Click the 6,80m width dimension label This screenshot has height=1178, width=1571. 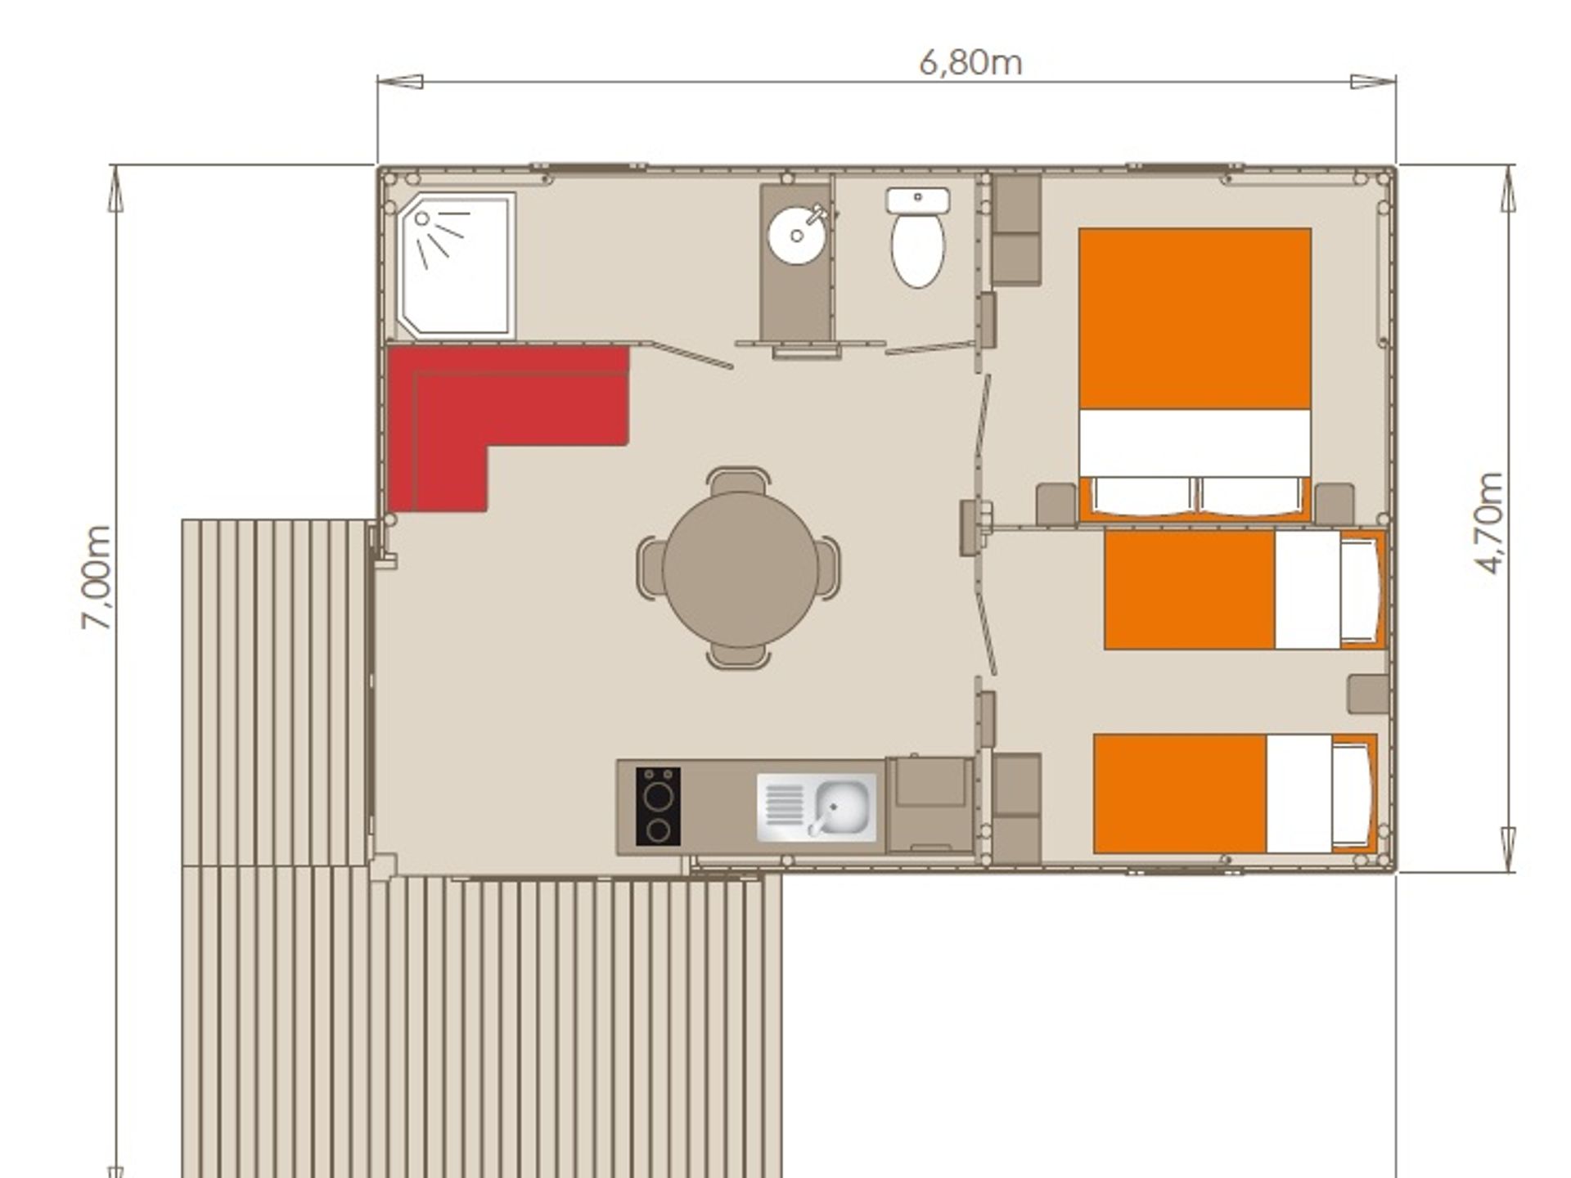coord(970,63)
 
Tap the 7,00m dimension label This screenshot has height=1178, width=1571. coord(97,578)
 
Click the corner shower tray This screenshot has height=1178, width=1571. coord(455,265)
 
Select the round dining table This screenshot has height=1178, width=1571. coord(740,569)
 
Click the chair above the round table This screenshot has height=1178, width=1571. coord(739,481)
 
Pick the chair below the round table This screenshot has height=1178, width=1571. coord(738,655)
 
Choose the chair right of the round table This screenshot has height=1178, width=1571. coord(827,568)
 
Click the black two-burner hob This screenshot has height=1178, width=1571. coord(658,806)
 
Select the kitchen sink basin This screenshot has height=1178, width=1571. coord(840,806)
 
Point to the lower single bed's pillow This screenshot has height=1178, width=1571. coord(1352,794)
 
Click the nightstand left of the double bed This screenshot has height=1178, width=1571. coord(1056,504)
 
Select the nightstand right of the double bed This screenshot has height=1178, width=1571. coord(1335,504)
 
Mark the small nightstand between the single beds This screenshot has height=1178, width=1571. coord(1369,694)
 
